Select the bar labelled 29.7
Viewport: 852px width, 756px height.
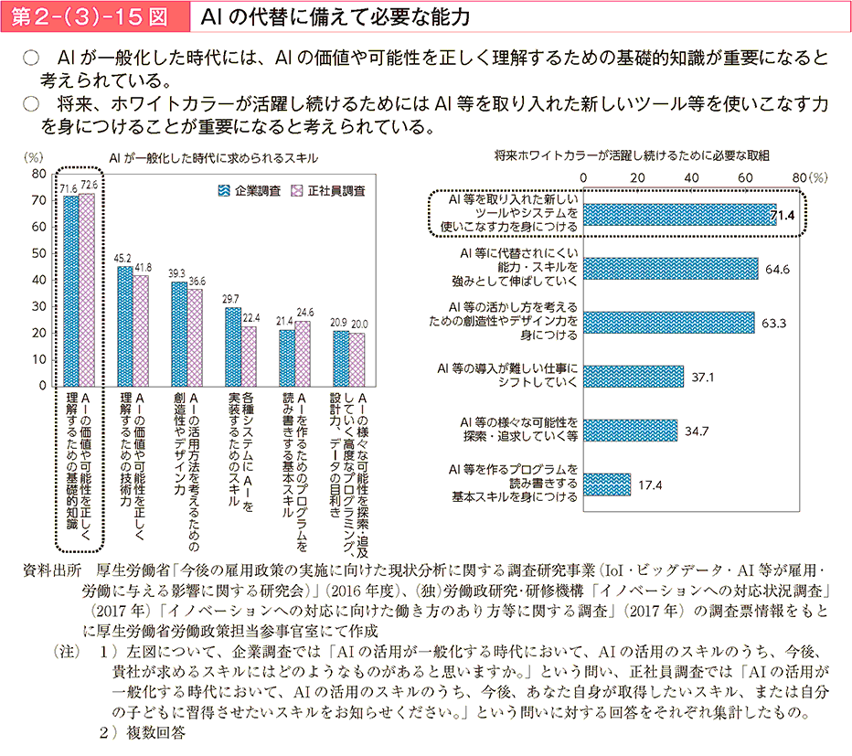[233, 346]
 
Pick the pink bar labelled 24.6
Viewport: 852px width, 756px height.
[304, 353]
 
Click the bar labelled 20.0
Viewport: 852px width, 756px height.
[357, 358]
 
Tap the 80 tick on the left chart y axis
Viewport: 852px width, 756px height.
[39, 173]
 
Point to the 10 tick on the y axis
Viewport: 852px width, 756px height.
[39, 358]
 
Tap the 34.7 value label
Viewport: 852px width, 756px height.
[697, 430]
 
